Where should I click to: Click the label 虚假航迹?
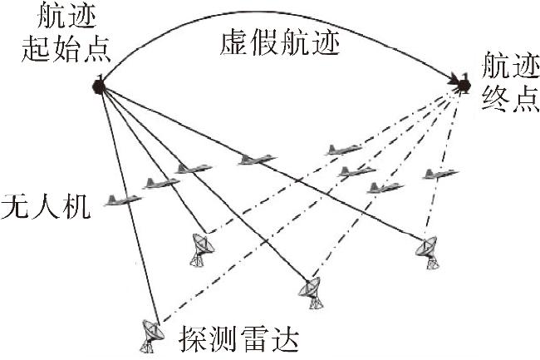coord(280,44)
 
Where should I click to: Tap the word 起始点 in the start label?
coord(66,49)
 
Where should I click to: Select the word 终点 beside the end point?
coord(510,98)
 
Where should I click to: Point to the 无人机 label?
coord(46,207)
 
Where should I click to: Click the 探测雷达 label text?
coord(238,338)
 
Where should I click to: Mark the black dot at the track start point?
coord(99,86)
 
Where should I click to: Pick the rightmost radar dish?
coord(427,252)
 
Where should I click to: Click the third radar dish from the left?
coord(311,293)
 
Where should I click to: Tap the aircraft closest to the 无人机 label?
coord(123,200)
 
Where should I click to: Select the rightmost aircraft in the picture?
coord(440,174)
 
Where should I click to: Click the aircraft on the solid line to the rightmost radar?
coord(257,160)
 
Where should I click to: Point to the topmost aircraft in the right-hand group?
coord(344,150)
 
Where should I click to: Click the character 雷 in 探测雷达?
coord(253,338)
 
